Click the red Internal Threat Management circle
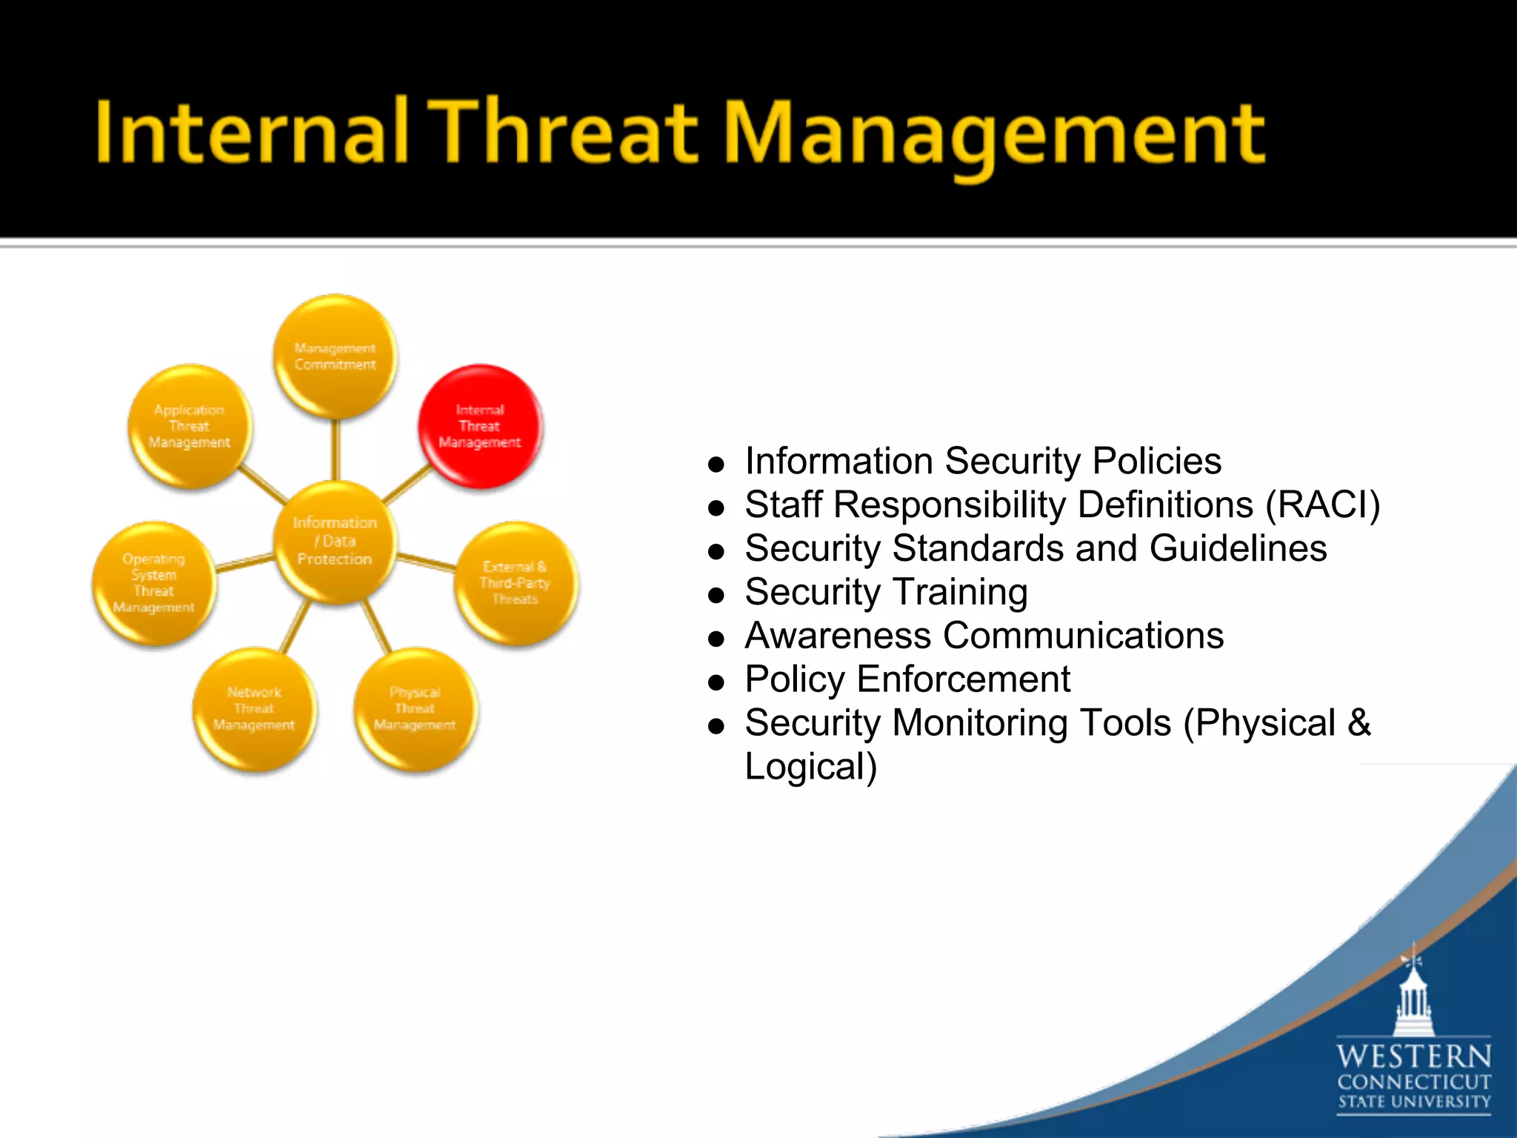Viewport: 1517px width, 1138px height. [x=480, y=426]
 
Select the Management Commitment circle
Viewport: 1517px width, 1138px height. [x=335, y=356]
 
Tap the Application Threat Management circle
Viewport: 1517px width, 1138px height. [x=190, y=426]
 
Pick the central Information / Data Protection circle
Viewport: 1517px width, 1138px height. [x=335, y=542]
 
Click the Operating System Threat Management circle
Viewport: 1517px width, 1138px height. [x=154, y=583]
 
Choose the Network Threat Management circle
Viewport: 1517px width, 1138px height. [x=254, y=709]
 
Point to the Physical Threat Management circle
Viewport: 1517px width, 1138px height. [x=415, y=709]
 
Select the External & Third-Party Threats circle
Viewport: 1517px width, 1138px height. [x=516, y=583]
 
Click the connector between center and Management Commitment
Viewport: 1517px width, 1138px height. [x=336, y=449]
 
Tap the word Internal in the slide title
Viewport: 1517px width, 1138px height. [x=252, y=133]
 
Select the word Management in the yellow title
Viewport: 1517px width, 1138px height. [x=993, y=137]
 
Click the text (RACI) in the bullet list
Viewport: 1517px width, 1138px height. [x=1323, y=505]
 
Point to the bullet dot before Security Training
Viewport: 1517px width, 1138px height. [x=716, y=595]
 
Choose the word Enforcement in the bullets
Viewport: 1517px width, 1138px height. [x=963, y=679]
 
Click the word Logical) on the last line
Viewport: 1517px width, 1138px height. [x=811, y=767]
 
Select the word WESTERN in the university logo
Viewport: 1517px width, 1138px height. [x=1413, y=1057]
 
